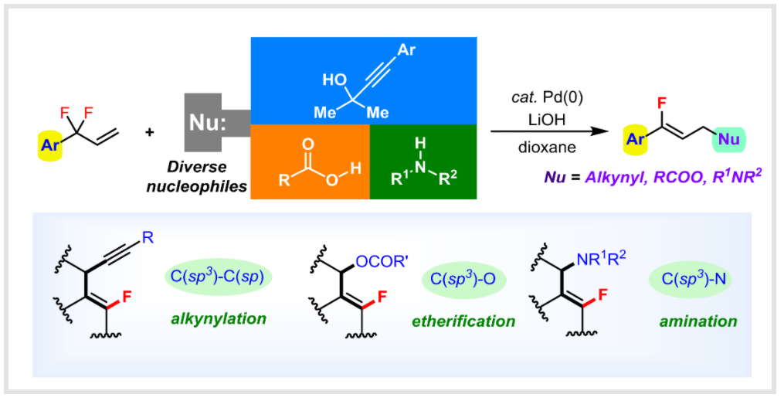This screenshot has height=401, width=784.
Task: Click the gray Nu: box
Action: (x=208, y=121)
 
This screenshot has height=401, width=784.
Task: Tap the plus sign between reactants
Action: (x=150, y=132)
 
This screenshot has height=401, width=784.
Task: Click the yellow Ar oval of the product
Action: (x=636, y=140)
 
